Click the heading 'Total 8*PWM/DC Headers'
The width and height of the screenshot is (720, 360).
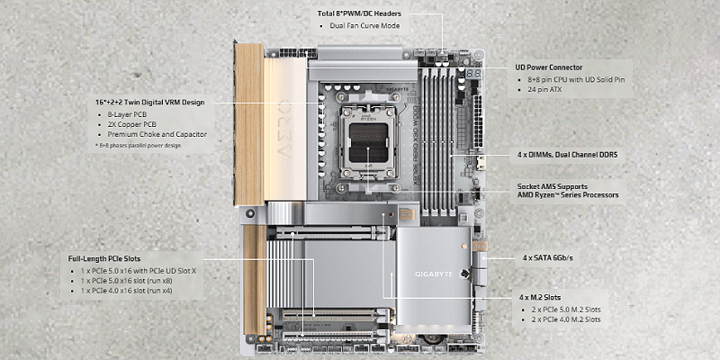[x=359, y=13]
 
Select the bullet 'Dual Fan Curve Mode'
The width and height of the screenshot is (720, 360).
[x=364, y=26]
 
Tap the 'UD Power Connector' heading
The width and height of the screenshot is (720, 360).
[x=549, y=67]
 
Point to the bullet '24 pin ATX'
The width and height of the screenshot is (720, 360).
[x=545, y=89]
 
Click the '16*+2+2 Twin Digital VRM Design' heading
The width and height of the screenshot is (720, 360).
[x=148, y=103]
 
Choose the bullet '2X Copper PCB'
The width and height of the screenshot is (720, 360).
[x=131, y=124]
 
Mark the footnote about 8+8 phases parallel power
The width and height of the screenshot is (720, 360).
[x=137, y=146]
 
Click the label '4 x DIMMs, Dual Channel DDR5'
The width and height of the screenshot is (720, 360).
[x=567, y=155]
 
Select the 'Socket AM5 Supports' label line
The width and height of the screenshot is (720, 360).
[x=553, y=186]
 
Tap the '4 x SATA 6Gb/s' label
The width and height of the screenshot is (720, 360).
[x=547, y=258]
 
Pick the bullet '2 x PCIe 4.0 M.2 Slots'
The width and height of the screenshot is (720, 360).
[x=566, y=319]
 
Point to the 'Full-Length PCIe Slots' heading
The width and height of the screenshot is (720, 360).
[x=104, y=258]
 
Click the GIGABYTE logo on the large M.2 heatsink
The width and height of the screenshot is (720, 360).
[x=434, y=274]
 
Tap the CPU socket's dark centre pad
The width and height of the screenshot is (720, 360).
[x=369, y=143]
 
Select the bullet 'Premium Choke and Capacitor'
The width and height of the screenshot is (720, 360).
[x=157, y=134]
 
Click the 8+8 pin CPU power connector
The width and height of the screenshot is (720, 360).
[x=298, y=53]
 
